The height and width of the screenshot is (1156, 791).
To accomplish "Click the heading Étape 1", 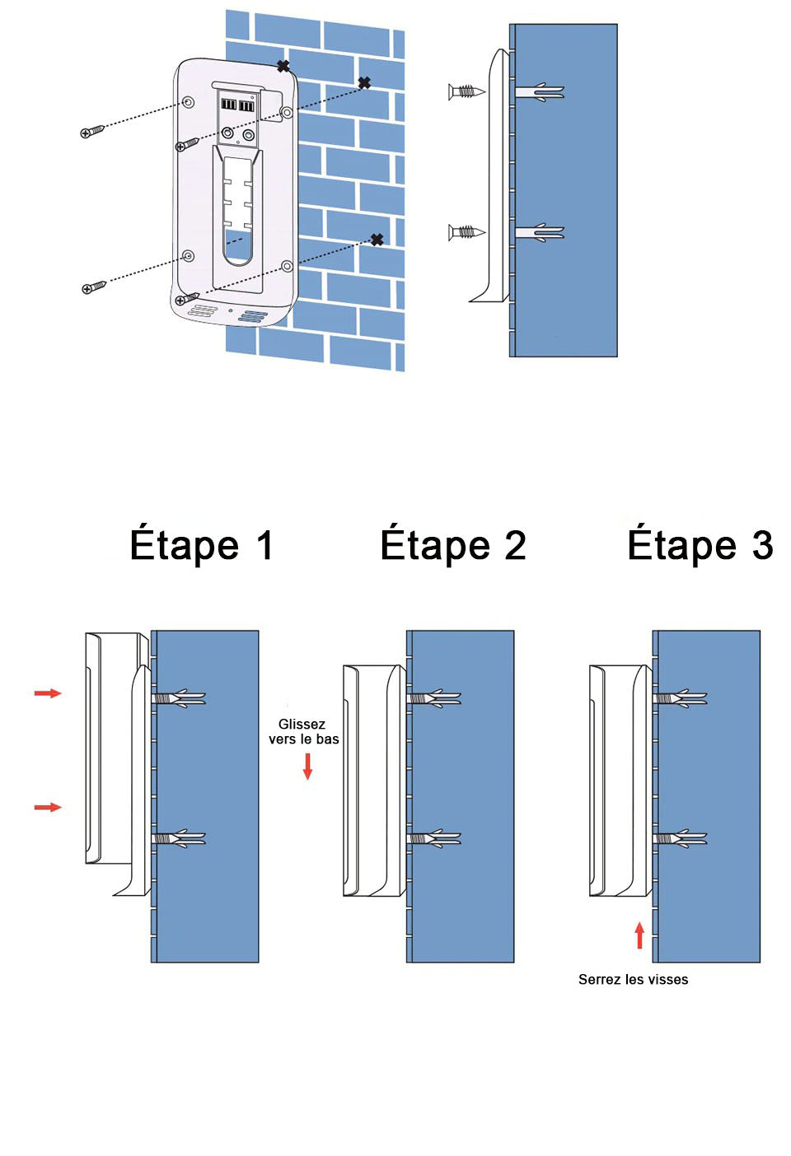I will [201, 545].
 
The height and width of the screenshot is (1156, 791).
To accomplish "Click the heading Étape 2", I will [452, 545].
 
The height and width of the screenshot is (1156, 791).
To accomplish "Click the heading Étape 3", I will [700, 545].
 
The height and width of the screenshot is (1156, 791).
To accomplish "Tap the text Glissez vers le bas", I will [302, 731].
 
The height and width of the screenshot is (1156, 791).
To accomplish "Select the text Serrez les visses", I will [633, 979].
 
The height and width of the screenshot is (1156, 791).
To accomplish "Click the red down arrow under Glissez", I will [307, 766].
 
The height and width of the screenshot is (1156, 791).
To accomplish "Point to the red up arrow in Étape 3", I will [639, 935].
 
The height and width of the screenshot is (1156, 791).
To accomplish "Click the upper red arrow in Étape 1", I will [48, 693].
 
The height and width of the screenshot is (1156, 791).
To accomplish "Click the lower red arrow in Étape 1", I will [48, 807].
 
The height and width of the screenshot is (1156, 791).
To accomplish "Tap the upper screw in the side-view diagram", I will [466, 91].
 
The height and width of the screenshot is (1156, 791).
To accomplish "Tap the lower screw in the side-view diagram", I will [466, 232].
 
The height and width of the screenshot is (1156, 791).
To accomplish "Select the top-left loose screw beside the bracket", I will [92, 131].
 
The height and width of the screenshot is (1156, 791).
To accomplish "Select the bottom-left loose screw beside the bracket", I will [94, 287].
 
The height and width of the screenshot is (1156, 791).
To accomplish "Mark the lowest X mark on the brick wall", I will [377, 240].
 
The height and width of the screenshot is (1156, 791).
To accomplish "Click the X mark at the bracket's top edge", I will [283, 66].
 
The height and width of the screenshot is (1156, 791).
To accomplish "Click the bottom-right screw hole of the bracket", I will [287, 266].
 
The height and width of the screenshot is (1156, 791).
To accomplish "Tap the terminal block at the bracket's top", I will [237, 105].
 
